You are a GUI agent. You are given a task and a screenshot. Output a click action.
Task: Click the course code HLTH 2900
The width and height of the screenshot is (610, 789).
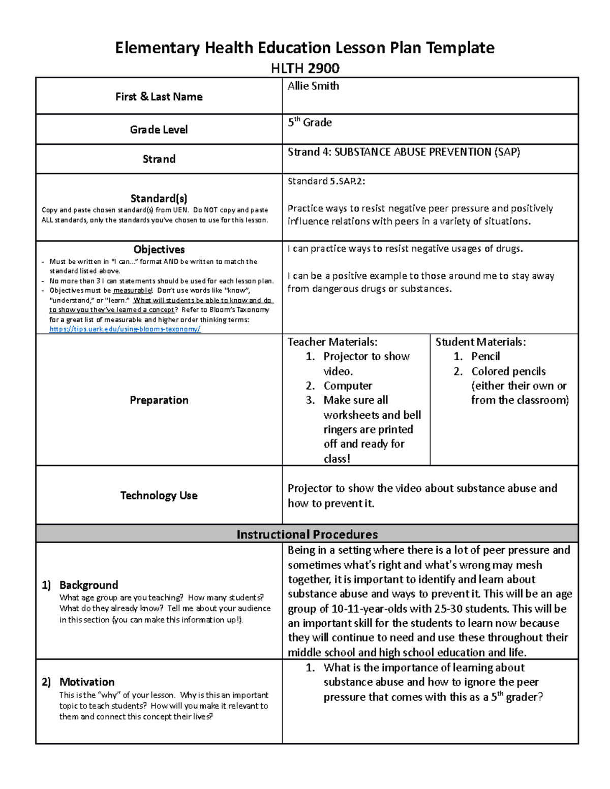(305, 68)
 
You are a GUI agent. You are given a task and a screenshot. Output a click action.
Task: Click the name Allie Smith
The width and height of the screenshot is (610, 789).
(313, 86)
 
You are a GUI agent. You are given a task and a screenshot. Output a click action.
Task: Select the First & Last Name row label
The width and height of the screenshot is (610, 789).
(159, 97)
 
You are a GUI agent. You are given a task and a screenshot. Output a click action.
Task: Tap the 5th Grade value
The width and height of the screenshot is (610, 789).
(310, 122)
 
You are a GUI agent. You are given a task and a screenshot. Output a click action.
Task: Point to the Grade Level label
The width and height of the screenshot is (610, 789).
(159, 130)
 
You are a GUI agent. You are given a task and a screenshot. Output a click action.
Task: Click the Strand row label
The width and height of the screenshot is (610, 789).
(159, 159)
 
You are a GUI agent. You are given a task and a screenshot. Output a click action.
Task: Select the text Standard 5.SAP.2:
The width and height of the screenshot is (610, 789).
(326, 181)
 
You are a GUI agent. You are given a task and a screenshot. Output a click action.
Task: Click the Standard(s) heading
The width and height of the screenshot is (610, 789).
(159, 199)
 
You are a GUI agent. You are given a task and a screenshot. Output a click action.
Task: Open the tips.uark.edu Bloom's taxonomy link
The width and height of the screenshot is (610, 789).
(125, 329)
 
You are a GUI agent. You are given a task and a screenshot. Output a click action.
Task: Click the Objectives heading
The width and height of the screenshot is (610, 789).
(159, 249)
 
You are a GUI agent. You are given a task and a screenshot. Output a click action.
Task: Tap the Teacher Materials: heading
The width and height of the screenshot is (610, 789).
(332, 342)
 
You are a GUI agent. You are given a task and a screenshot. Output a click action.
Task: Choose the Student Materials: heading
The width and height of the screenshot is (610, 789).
(480, 342)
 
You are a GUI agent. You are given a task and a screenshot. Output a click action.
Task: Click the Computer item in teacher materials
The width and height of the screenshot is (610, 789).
(348, 386)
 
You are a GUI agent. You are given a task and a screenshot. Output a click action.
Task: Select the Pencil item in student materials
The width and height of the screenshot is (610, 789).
(485, 356)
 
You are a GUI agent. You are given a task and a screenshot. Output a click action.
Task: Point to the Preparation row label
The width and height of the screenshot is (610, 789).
(159, 400)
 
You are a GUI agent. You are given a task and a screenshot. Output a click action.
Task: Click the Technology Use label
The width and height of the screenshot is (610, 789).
(159, 495)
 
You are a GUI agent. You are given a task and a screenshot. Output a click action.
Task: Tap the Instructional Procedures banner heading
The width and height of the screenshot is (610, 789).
(307, 534)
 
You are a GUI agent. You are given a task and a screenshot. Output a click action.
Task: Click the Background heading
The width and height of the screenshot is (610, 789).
(88, 585)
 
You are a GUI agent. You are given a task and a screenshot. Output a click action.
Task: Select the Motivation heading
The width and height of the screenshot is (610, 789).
(87, 682)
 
